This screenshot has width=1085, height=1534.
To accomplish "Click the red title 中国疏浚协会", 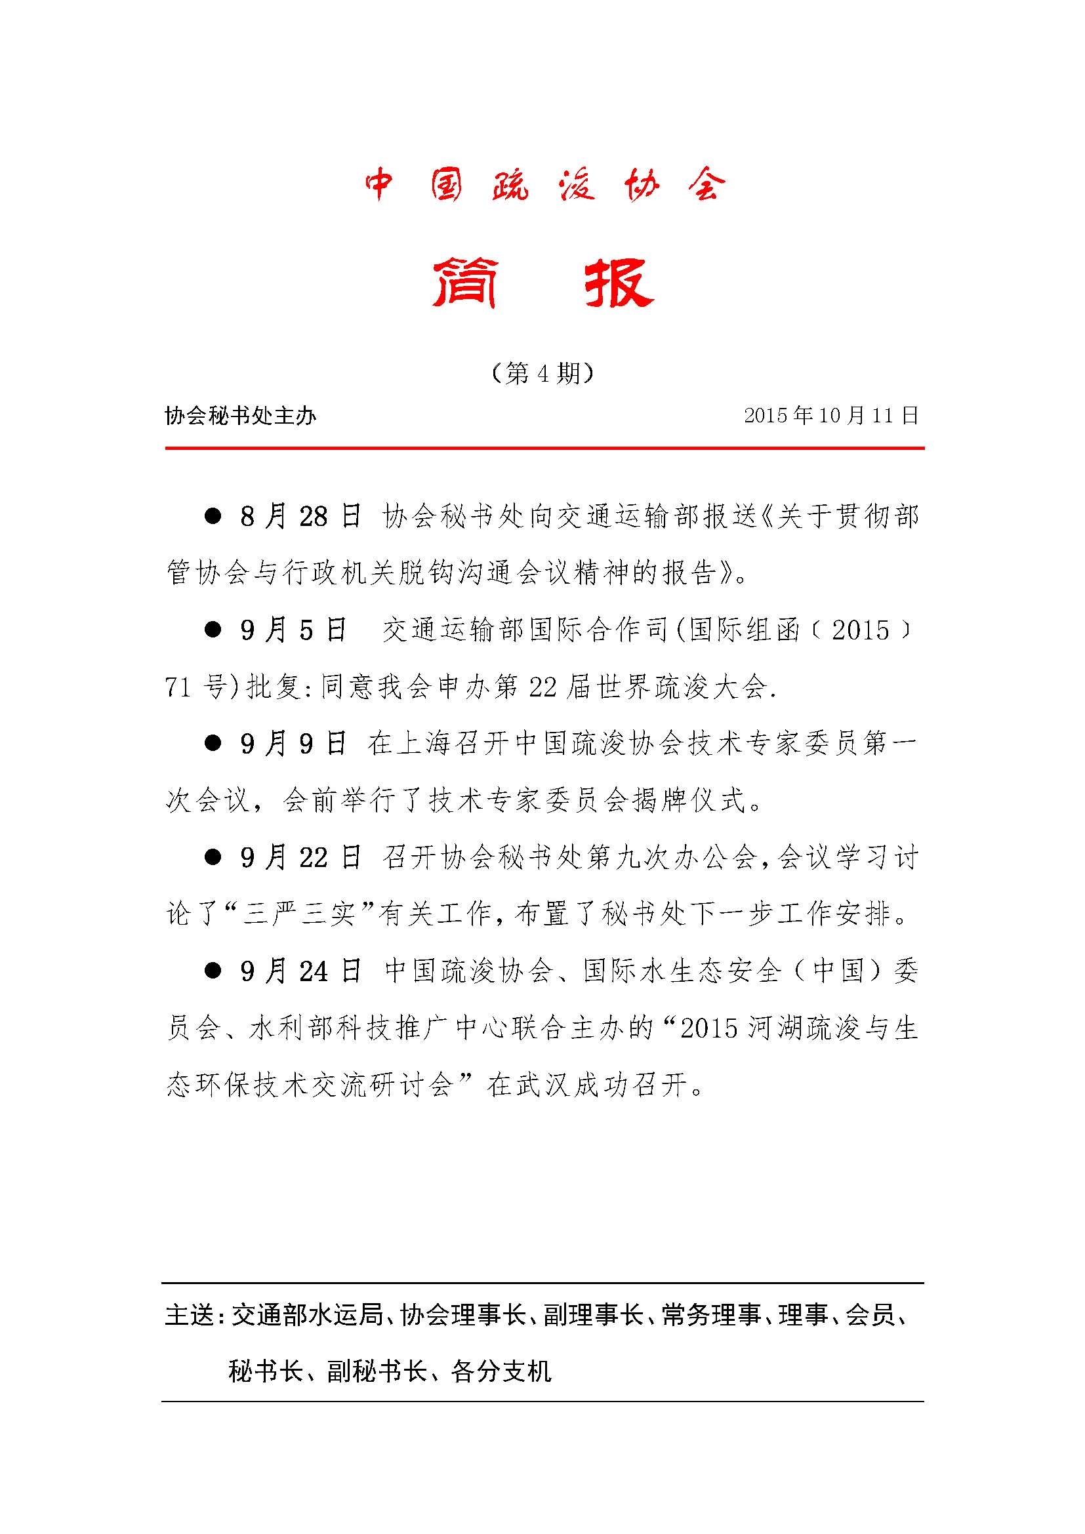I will pyautogui.click(x=544, y=185).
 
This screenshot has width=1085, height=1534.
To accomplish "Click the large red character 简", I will pyautogui.click(x=464, y=284).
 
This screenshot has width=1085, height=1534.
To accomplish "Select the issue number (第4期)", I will pyautogui.click(x=542, y=373).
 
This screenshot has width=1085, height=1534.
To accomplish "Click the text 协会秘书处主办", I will pyautogui.click(x=241, y=416).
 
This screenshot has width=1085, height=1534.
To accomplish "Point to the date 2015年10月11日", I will pyautogui.click(x=831, y=416).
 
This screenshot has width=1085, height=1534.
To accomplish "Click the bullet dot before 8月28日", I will pyautogui.click(x=213, y=516).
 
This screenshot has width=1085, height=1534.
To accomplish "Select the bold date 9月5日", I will pyautogui.click(x=294, y=630).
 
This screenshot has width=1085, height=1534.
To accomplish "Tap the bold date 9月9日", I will pyautogui.click(x=294, y=744).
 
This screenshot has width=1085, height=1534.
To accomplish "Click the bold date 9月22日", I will pyautogui.click(x=300, y=858).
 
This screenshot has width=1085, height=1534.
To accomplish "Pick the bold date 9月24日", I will pyautogui.click(x=300, y=971).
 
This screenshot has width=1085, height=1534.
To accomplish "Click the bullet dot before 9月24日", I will pyautogui.click(x=213, y=971).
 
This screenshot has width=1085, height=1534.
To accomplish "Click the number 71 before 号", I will pyautogui.click(x=178, y=687).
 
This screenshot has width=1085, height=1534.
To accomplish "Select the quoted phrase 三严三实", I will pyautogui.click(x=298, y=915).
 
